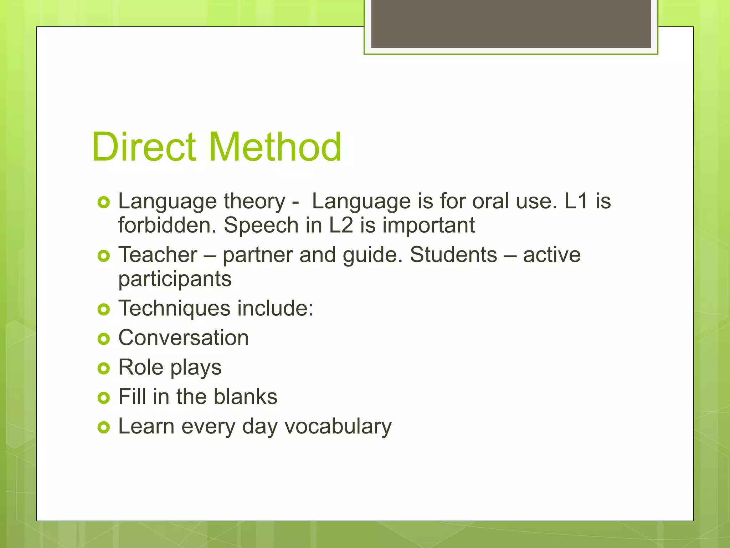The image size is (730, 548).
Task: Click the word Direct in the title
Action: pyautogui.click(x=143, y=147)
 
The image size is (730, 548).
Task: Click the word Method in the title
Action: pyautogui.click(x=275, y=147)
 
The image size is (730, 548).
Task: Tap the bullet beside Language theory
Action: pyautogui.click(x=103, y=202)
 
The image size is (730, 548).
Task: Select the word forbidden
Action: pyautogui.click(x=167, y=225)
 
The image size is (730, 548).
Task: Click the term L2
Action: pyautogui.click(x=341, y=225)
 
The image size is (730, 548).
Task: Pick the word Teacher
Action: pyautogui.click(x=158, y=255)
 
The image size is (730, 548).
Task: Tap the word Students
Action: pyautogui.click(x=453, y=255)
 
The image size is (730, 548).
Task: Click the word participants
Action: pyautogui.click(x=175, y=279)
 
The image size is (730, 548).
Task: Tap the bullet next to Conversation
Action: pyautogui.click(x=103, y=339)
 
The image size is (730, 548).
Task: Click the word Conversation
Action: pyautogui.click(x=183, y=338)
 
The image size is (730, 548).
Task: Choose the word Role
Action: pyautogui.click(x=141, y=367)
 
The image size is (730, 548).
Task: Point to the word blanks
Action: pyautogui.click(x=245, y=397)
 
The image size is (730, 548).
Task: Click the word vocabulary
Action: pyautogui.click(x=338, y=427)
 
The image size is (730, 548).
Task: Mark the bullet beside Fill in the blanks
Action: pyautogui.click(x=103, y=398)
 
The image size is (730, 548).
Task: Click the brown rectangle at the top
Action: pyautogui.click(x=511, y=24)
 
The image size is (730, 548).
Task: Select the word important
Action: pyautogui.click(x=428, y=225)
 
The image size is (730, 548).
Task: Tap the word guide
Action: pyautogui.click(x=372, y=255)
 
